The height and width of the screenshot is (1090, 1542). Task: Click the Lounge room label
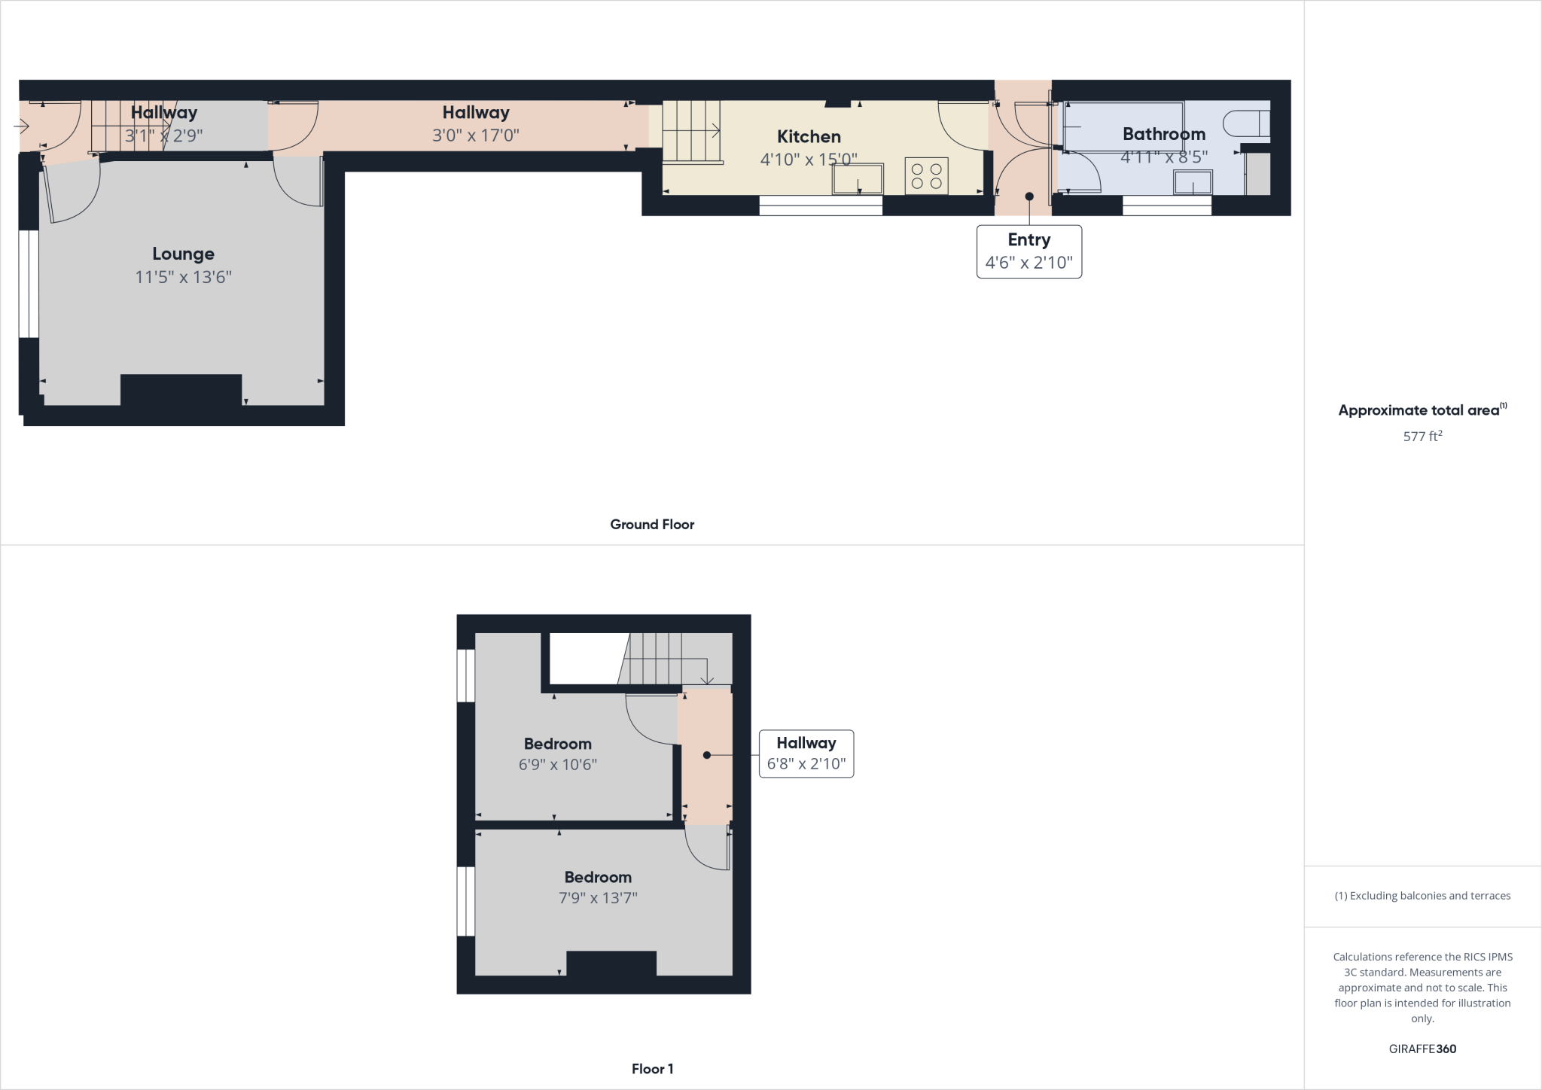coord(183,254)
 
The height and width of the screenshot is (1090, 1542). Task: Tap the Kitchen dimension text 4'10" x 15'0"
coord(809,160)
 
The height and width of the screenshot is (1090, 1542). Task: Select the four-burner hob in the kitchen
coord(926,176)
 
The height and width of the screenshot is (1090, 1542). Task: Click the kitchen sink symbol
coord(858,179)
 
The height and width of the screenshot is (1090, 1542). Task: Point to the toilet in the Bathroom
coord(1246,123)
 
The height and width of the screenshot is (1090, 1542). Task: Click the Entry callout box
coord(1029,251)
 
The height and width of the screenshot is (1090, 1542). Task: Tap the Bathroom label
coord(1163,135)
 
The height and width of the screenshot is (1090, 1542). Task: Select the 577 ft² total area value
coord(1422,436)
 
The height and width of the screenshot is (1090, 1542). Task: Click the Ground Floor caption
coord(652,525)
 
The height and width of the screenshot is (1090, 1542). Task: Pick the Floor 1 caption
coord(652,1069)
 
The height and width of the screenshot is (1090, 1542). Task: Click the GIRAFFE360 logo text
coord(1422,1049)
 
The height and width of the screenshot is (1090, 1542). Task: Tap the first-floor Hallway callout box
coord(806,754)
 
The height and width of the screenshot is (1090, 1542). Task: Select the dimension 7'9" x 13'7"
coord(598,898)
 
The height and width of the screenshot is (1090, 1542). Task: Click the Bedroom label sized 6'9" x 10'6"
coord(557,744)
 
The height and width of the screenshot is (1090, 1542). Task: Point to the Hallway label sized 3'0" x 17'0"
coord(476,113)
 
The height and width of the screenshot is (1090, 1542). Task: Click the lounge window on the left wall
coord(29,284)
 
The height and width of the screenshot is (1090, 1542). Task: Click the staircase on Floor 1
coord(663,659)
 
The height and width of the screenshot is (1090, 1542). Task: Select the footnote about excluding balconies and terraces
coord(1422,896)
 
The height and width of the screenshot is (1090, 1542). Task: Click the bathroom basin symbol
coord(1193,183)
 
